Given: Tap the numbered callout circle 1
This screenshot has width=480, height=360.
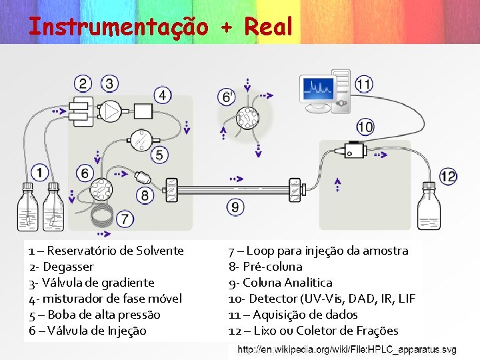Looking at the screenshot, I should (39, 172).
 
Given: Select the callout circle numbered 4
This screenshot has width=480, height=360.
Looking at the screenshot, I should (163, 95).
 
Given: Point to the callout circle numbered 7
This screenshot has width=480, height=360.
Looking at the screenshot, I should (125, 219).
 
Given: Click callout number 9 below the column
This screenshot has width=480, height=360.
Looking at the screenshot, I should (235, 207).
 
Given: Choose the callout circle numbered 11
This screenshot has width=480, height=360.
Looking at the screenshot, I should (364, 85).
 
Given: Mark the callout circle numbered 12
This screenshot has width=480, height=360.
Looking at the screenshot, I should (448, 177).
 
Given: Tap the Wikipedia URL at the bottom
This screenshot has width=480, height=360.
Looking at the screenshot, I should (347, 350).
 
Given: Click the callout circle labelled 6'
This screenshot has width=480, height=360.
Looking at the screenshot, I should (227, 97).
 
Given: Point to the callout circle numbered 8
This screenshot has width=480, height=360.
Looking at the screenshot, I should (145, 195).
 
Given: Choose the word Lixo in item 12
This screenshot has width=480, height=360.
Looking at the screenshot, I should (261, 331).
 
